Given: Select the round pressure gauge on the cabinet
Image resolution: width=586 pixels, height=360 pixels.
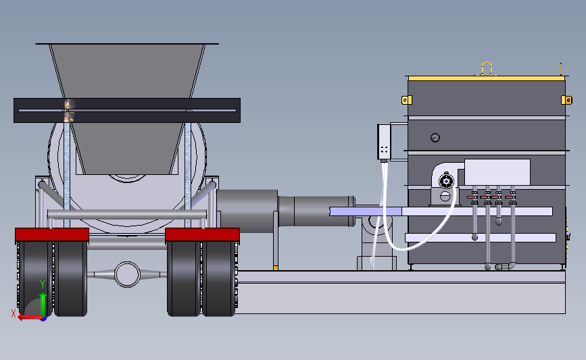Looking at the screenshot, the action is point(435,137).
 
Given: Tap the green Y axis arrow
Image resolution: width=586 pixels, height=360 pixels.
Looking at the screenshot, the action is point(43,305).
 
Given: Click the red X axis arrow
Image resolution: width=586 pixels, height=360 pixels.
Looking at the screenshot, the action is point(30,317).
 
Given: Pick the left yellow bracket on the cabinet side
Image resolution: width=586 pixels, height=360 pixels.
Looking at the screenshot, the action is point(407,100).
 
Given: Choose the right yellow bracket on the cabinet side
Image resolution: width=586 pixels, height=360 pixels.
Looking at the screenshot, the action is point(566,100).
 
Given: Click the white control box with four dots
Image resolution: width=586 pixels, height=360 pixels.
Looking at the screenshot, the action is point(384,143).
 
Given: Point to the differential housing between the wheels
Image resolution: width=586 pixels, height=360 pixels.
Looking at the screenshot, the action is point(127,274).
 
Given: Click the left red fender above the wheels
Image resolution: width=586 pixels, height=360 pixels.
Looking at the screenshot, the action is point(52,234).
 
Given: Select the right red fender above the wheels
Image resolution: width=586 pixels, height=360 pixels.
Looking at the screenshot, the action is point(202,234).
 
